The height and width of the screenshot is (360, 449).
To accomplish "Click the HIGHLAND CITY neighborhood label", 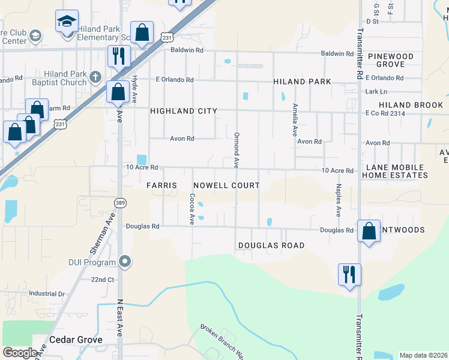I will tap(183, 111).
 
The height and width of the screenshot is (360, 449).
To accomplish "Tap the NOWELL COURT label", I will tap(226, 186).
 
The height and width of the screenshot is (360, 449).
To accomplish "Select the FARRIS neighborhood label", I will tap(161, 186).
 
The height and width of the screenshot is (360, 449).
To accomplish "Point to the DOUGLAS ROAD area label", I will tap(271, 245).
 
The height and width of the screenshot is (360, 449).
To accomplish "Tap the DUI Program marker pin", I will tap(125, 261).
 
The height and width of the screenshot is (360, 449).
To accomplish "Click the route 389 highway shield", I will tap(121, 203).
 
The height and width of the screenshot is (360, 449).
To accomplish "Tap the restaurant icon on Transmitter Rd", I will tap(349, 274).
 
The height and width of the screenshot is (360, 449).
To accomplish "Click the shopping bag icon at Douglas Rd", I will tap(369, 231).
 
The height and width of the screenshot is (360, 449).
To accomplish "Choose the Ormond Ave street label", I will tap(237, 150).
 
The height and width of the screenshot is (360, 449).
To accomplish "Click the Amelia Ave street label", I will tap(295, 119).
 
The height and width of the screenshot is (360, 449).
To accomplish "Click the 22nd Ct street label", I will tap(102, 280).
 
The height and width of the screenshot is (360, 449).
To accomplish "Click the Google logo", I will tap(19, 353).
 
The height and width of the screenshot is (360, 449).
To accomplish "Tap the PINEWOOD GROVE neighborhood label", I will tap(390, 60).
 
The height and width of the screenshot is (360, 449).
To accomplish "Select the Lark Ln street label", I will tap(376, 91).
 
